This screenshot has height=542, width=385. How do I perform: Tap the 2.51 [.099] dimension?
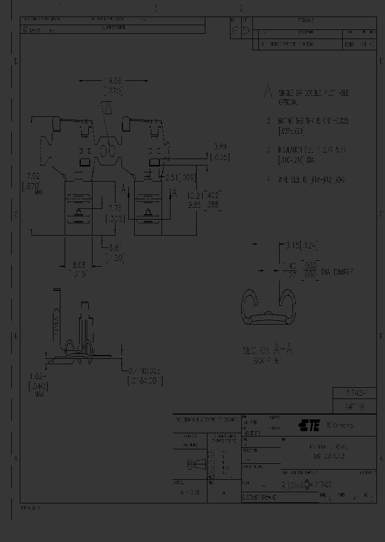[181, 177]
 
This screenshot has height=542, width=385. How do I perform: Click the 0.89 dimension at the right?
[220, 152]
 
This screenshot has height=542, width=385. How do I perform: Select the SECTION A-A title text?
[267, 351]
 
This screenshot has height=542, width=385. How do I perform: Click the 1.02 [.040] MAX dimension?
[37, 381]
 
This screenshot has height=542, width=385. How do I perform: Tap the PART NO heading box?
[355, 406]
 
